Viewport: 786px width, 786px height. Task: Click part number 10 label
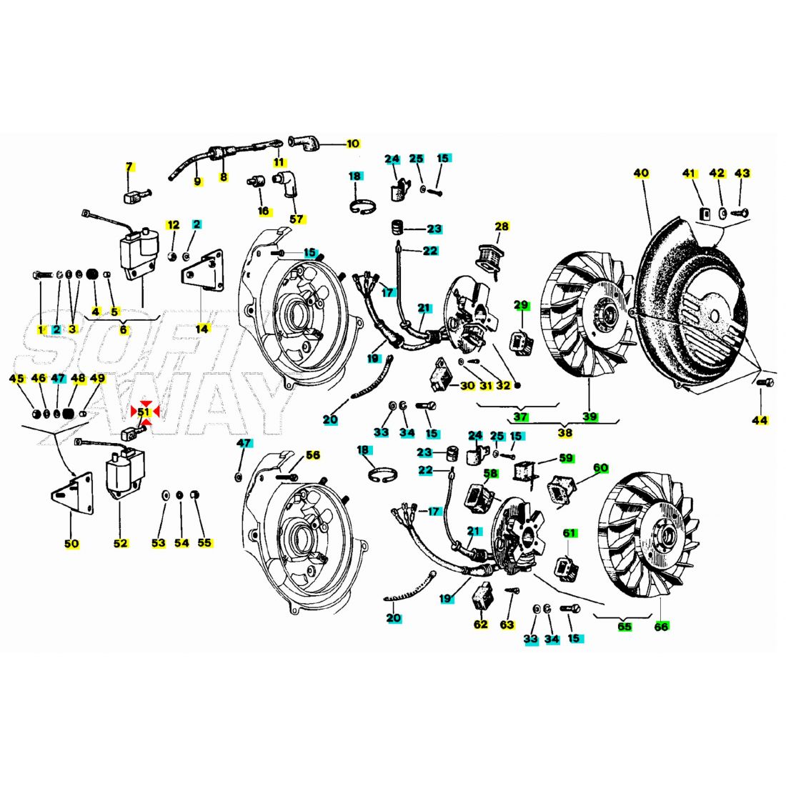pos(353,144)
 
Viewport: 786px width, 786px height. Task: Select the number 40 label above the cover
pos(641,174)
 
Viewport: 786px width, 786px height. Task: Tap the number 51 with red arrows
pos(144,412)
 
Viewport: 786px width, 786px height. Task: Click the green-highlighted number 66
pos(661,627)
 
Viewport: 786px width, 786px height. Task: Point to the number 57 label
pos(297,219)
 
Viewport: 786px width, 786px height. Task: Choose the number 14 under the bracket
pos(202,329)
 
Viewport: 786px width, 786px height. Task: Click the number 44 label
pos(760,421)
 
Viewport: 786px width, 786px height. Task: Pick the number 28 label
pos(502,227)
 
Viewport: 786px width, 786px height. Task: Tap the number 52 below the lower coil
pos(120,543)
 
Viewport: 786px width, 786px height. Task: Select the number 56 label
pos(313,455)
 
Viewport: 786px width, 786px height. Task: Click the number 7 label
pos(129,167)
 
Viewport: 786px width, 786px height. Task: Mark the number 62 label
pos(480,624)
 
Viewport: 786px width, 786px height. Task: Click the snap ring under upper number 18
pos(362,206)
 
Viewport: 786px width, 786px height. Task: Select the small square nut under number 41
pos(705,213)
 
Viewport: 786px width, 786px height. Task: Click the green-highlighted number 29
pos(522,305)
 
